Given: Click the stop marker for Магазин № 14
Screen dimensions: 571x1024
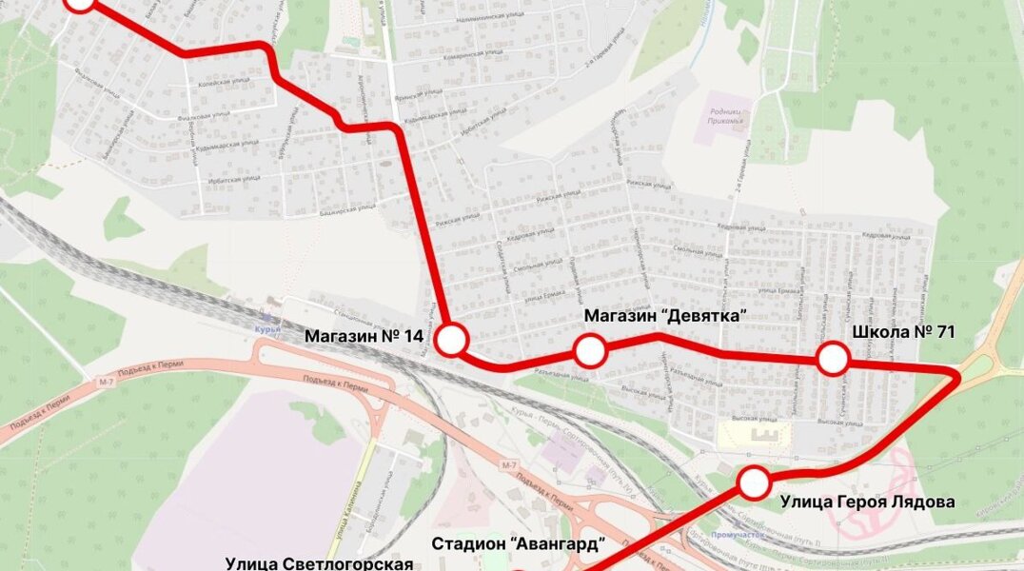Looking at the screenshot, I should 452,340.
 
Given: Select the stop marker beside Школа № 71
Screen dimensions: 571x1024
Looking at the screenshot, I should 834,360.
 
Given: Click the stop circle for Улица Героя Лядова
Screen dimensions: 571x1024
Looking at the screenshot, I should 755,482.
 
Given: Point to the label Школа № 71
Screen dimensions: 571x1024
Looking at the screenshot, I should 903,332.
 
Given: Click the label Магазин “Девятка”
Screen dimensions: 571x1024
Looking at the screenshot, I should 663,315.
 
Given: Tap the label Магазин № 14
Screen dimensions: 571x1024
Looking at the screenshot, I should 364,336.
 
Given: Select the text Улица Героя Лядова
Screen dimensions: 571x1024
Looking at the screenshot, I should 867,502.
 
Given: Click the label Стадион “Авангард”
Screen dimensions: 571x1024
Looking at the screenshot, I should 519,543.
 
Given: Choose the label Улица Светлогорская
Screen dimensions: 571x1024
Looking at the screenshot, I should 320,563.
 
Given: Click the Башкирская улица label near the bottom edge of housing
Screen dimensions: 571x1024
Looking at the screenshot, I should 344,208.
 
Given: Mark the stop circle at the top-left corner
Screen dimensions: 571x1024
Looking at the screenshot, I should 81,2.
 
